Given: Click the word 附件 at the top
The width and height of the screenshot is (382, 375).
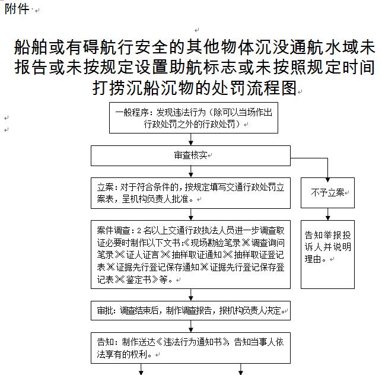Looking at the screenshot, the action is click(17, 9).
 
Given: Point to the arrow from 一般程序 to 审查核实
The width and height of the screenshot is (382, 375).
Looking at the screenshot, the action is click(191, 139).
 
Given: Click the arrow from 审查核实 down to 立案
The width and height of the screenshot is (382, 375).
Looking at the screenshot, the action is click(191, 171).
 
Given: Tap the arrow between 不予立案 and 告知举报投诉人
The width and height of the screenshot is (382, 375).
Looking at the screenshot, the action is click(328, 214).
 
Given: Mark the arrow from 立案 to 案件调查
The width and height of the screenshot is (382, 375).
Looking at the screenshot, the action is click(191, 214).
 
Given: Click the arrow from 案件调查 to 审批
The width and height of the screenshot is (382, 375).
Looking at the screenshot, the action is click(191, 295).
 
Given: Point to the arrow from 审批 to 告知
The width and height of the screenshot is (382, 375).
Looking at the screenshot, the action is click(191, 326).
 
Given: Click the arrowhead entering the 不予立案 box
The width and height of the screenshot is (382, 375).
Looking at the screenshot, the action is click(327, 180).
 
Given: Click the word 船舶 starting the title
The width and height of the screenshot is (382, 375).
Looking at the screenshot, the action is click(30, 47).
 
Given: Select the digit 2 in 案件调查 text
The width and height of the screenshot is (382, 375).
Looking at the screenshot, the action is click(139, 230).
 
